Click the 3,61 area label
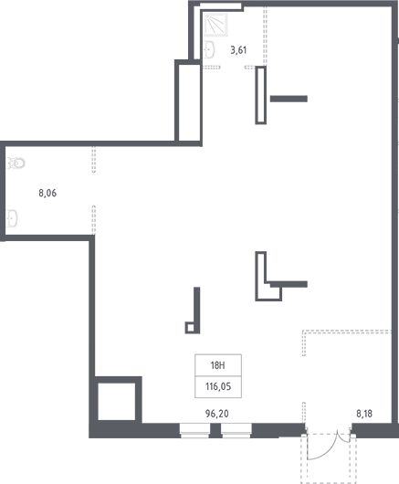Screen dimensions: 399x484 point(238,50)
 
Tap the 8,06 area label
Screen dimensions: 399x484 point(47,194)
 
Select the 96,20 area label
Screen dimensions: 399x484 point(217,414)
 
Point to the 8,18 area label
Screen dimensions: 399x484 point(364,414)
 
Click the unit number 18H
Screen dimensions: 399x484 point(217,365)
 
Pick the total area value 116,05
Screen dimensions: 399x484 point(218,386)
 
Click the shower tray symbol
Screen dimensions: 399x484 point(215,25)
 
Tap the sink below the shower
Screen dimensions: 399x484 point(210,49)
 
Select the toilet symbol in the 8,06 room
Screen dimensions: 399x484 point(16,163)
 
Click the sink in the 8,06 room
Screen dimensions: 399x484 point(13,218)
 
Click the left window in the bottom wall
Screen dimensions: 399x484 point(194,431)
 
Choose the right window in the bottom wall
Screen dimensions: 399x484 point(236,431)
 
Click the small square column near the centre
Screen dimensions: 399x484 point(191,328)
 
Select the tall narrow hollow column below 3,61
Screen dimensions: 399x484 point(261,95)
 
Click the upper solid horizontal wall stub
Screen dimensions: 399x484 point(289,99)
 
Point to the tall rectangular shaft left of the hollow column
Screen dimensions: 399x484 point(188,101)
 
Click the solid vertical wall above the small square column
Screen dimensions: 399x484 point(197,305)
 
